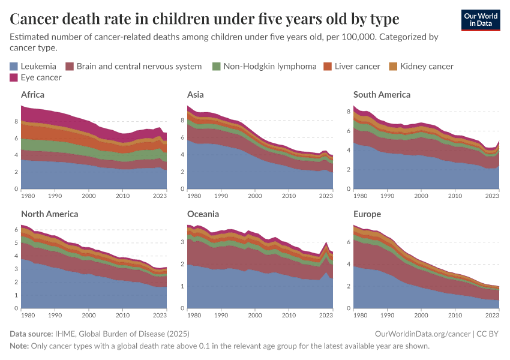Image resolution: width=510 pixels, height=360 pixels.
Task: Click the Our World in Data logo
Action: pos(480,20)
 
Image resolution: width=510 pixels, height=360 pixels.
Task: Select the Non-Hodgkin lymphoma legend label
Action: pos(269,66)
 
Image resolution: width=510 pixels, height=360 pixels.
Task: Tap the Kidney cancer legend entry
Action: pos(427,66)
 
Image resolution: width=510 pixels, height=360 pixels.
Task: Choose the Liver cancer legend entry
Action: pos(357,66)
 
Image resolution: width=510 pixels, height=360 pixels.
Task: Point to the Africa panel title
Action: pos(32,94)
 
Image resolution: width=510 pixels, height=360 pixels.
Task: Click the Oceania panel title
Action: pos(203,214)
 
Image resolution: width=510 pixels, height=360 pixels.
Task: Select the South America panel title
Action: pos(382,94)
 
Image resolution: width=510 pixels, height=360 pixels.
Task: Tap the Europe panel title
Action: pos(367,214)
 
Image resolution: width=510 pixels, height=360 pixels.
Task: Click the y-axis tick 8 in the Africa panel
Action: pos(16,121)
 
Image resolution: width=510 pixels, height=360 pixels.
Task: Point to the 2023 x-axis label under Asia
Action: pos(325,196)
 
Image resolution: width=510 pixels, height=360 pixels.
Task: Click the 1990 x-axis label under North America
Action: pos(55,315)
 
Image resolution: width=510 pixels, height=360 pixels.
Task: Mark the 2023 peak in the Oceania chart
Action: pos(326,242)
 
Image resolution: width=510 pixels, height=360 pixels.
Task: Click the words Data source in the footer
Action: pos(30,334)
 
